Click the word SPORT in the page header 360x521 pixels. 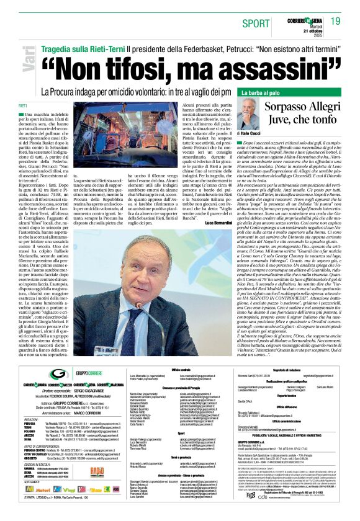251,24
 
